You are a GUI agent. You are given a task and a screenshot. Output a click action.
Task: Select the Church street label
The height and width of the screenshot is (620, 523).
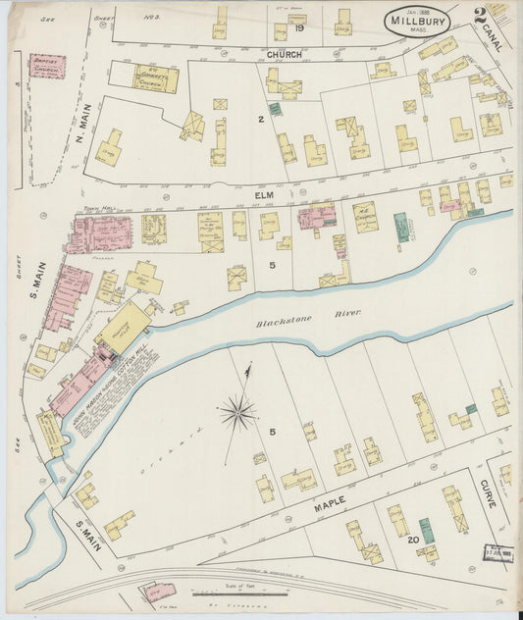point(285,55)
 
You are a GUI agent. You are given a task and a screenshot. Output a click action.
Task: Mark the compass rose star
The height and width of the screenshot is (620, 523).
point(237,412)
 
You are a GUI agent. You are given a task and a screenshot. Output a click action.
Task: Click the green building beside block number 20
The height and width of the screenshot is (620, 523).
point(425,531)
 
